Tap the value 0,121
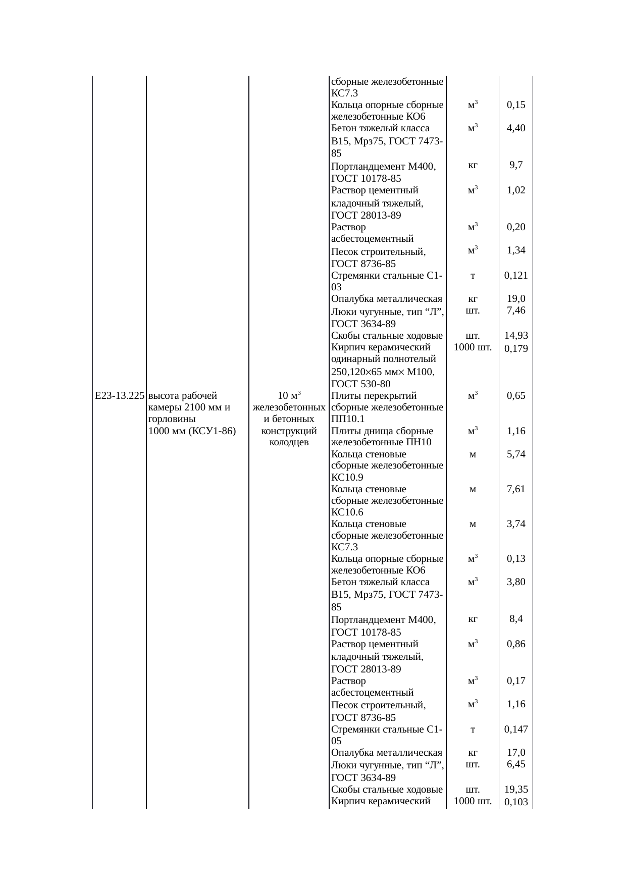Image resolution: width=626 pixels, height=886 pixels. (516, 276)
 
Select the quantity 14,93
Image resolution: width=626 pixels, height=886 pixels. (516, 336)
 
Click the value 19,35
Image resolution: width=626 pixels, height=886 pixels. (516, 790)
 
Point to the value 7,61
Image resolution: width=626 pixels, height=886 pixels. (516, 489)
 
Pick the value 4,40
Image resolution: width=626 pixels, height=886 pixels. (516, 128)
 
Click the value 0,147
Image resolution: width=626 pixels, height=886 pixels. (516, 729)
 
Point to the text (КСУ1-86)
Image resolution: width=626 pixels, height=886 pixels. (212, 431)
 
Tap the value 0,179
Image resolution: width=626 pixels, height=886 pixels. (516, 349)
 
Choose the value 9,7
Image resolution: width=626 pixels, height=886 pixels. (516, 165)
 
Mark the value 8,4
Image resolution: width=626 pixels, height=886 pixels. (516, 619)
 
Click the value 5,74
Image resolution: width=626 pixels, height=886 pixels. (516, 454)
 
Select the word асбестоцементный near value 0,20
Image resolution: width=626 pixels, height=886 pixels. (373, 239)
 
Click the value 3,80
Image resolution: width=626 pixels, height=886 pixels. (516, 582)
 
